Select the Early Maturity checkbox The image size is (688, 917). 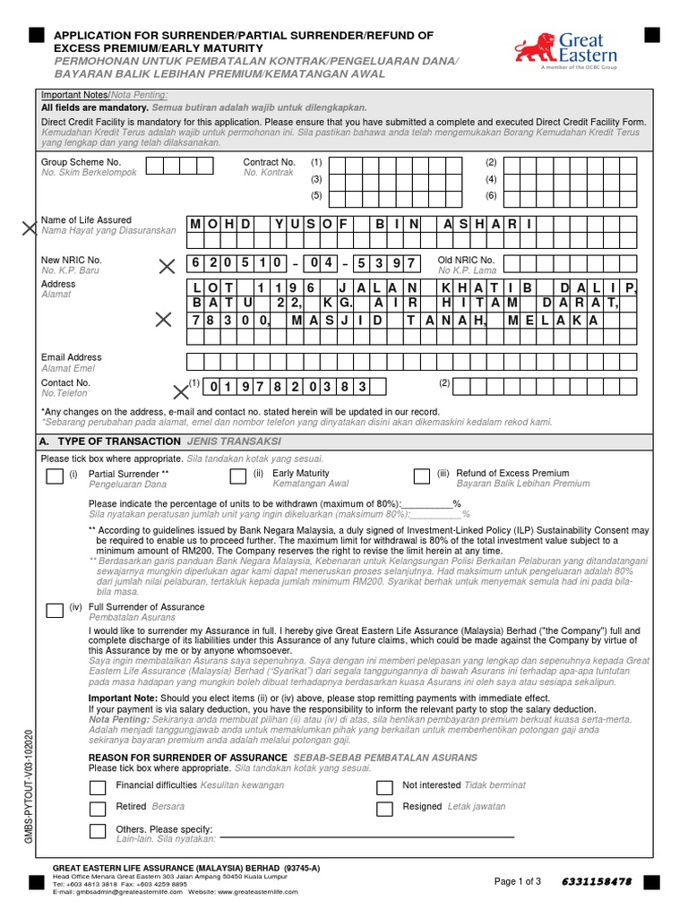coord(238,476)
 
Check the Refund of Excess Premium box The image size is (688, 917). coord(422,476)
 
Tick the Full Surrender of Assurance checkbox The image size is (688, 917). coord(55,611)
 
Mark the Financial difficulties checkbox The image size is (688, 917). coord(99,788)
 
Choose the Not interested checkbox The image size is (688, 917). coord(384,788)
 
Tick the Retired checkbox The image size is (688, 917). coord(99,810)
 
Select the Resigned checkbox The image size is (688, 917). coord(384,810)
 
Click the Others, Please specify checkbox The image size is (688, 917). coord(99,832)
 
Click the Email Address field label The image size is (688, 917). coord(72,357)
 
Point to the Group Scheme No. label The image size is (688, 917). coord(81,162)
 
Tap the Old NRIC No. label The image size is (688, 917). coord(466,260)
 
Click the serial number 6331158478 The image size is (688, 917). coord(597,881)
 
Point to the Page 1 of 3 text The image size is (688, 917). coord(518,881)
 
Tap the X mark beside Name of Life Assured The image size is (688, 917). coord(31,230)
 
